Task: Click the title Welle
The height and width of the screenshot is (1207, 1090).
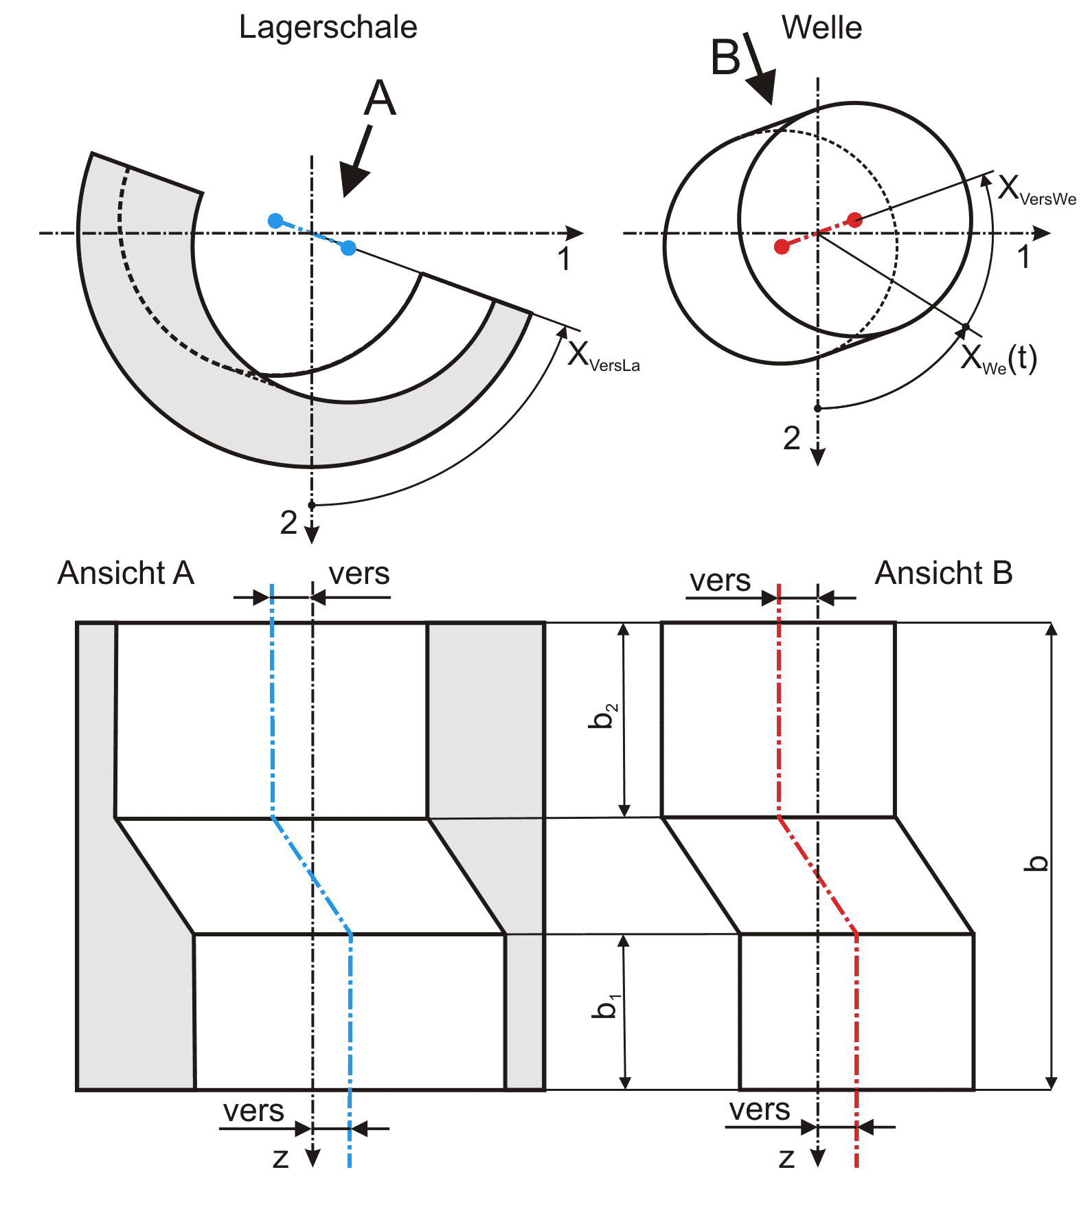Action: click(821, 28)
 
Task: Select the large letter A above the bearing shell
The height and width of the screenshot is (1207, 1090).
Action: click(380, 98)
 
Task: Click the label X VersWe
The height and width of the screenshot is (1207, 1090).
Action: click(1036, 190)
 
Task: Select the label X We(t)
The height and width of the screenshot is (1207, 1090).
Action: click(999, 359)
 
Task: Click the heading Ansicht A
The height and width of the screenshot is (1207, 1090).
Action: click(126, 573)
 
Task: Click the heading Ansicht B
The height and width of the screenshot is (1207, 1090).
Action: click(944, 573)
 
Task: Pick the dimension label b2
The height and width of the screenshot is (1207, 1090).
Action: click(604, 715)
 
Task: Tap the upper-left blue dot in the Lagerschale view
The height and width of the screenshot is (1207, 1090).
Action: click(275, 221)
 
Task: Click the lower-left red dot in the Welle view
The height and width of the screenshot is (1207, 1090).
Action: click(782, 247)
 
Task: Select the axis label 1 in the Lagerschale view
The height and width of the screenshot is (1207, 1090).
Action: click(564, 259)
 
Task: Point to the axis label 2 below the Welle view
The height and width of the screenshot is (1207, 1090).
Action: click(792, 438)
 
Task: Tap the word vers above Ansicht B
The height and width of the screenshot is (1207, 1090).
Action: click(720, 581)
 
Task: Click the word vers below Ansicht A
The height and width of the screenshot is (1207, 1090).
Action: click(253, 1111)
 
